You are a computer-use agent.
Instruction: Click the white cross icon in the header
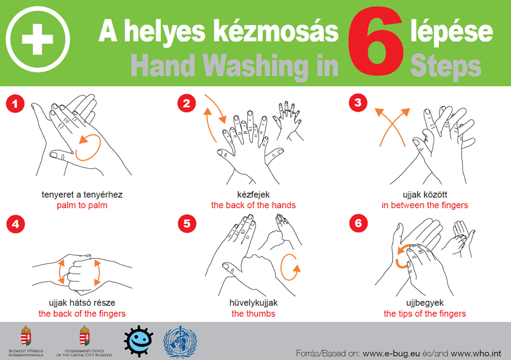(x=37, y=39)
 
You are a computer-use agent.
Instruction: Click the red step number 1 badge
(x=15, y=104)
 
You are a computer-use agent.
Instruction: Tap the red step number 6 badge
(x=358, y=223)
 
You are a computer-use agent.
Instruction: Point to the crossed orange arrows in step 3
(x=392, y=127)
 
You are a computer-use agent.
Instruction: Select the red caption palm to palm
(x=82, y=206)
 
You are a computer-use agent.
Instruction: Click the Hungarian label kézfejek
(x=253, y=195)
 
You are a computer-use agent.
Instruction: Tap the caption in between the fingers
(x=425, y=205)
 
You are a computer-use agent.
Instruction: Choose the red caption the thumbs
(x=253, y=314)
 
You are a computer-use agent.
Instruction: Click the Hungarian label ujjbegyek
(x=425, y=303)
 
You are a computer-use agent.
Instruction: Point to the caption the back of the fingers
(x=82, y=314)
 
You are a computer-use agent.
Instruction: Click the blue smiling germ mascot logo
(x=138, y=341)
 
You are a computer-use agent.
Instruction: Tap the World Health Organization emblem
(x=180, y=342)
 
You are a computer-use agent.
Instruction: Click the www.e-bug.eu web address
(x=391, y=354)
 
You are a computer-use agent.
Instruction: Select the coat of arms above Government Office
(x=85, y=336)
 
